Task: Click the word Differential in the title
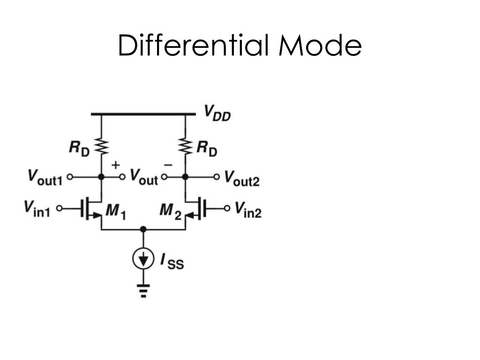click(x=193, y=46)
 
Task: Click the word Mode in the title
click(x=320, y=46)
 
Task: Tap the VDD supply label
click(x=217, y=113)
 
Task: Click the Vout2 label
click(x=241, y=178)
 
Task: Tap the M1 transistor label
click(x=115, y=211)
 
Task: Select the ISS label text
click(x=172, y=261)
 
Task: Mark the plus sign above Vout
click(x=115, y=165)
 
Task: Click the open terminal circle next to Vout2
click(x=216, y=177)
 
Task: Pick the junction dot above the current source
click(x=143, y=229)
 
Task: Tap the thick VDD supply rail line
click(x=143, y=113)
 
